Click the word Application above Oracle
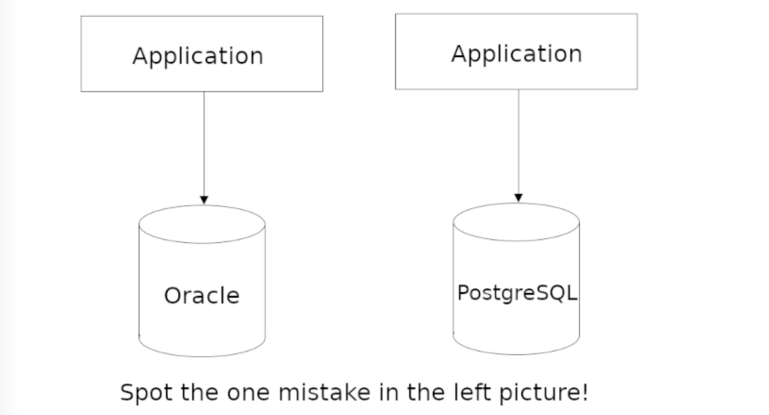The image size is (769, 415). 197,56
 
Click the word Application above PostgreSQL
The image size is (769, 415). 516,53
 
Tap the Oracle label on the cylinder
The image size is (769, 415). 202,295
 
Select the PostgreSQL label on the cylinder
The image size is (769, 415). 516,293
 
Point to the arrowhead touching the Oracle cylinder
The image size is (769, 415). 204,200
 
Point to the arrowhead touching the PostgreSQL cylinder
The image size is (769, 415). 518,197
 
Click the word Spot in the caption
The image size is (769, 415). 145,393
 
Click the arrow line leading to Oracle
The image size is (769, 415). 204,142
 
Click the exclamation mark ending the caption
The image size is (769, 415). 585,392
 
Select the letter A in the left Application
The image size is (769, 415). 140,56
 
